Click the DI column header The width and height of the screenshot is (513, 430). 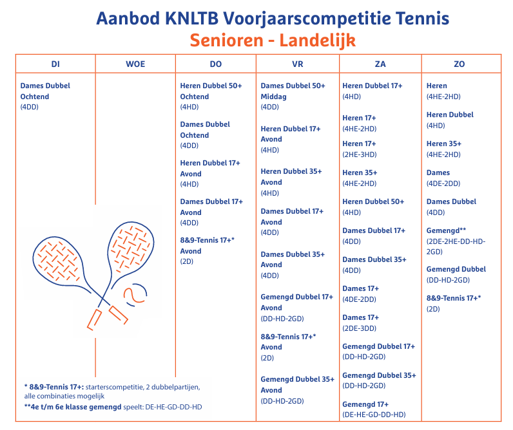55,64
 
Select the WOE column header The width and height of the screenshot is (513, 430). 135,64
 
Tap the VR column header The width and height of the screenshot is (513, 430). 297,64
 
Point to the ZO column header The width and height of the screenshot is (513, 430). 459,64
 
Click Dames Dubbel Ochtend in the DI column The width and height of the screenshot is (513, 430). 45,91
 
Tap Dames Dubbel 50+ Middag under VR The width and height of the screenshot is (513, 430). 293,91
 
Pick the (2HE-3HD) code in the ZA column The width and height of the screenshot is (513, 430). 360,154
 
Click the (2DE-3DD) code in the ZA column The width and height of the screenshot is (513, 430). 360,328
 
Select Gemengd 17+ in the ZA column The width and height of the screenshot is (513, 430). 361,404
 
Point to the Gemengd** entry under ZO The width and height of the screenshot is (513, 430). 447,230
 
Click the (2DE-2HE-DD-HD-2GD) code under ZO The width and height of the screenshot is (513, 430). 456,246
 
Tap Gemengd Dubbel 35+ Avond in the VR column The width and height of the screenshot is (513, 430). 297,384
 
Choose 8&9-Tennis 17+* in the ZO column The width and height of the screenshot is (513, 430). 454,298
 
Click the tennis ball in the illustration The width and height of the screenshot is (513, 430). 135,294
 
